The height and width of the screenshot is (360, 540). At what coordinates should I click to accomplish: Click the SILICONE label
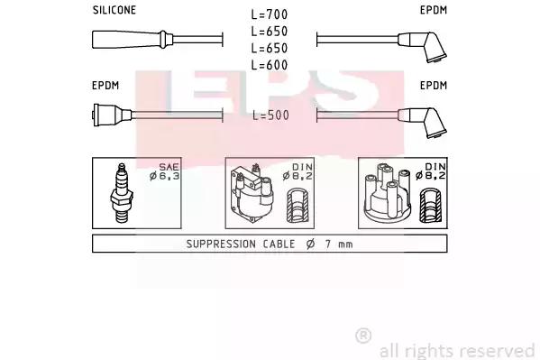pyautogui.click(x=114, y=10)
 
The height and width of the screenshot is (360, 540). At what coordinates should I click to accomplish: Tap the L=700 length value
pyautogui.click(x=270, y=14)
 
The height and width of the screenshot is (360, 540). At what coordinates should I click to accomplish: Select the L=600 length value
pyautogui.click(x=270, y=65)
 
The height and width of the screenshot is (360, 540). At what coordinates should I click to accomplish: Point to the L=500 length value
pyautogui.click(x=270, y=115)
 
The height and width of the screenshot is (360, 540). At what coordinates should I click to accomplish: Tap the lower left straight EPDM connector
pyautogui.click(x=112, y=115)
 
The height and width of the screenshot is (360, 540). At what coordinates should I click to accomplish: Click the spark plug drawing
pyautogui.click(x=121, y=193)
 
